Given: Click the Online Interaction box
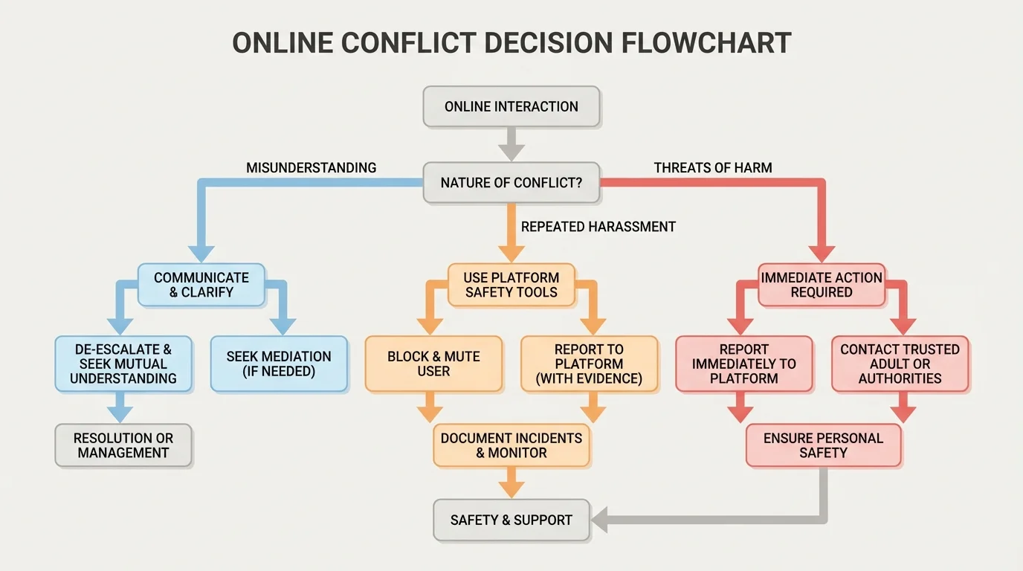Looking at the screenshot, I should tap(512, 106).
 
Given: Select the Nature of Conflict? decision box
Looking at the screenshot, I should tap(512, 182).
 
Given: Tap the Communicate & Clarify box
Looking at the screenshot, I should tap(201, 285).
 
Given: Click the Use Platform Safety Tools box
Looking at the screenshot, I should tap(512, 285).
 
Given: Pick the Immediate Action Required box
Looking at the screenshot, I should tap(822, 285).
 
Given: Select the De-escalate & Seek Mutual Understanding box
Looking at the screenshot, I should tap(123, 364).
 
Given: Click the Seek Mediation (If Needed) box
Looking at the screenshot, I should tap(279, 364).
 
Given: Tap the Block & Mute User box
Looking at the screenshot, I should tap(433, 364).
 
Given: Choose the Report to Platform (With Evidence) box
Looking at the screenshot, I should tap(589, 364).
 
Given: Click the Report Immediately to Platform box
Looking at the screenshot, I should tap(744, 364).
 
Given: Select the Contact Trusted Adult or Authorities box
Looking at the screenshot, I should tap(900, 364).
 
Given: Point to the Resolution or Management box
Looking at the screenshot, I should tap(123, 445).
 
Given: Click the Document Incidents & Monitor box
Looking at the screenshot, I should tap(512, 445).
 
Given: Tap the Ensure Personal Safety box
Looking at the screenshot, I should tap(823, 445).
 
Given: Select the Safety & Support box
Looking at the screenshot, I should tap(512, 520).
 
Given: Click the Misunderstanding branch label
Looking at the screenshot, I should tap(311, 168).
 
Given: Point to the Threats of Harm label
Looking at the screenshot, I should tap(713, 168).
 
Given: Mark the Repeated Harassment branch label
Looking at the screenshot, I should tap(598, 227).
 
